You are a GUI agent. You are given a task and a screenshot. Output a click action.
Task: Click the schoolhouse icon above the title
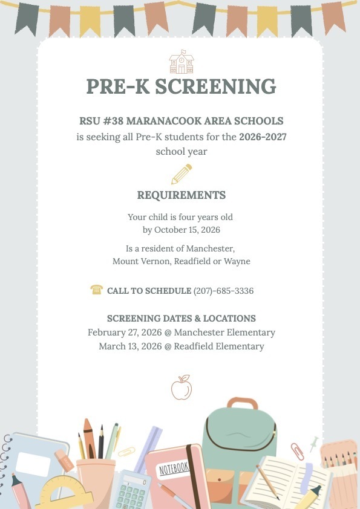coord(181,63)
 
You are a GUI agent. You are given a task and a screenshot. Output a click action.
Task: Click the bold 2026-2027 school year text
coord(263,137)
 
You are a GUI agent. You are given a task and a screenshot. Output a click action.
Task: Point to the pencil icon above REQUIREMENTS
coord(181,174)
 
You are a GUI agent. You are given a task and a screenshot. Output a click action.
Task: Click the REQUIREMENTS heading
coord(181,195)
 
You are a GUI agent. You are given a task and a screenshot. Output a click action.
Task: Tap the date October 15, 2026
coord(187,230)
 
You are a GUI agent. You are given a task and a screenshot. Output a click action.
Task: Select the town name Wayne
coord(237,262)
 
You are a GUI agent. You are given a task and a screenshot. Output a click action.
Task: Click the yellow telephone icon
coord(96,290)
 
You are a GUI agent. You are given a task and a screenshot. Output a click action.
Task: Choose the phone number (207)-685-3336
coord(223,291)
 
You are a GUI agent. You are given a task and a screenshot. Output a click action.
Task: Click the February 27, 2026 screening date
coord(120,332)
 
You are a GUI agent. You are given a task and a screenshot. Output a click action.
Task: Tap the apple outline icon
coord(181,387)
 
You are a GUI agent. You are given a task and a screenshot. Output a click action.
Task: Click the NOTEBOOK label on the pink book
coord(174,467)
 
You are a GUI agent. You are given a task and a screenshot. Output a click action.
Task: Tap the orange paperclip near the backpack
coord(297,451)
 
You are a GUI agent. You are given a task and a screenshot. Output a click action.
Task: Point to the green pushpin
coord(313,442)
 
